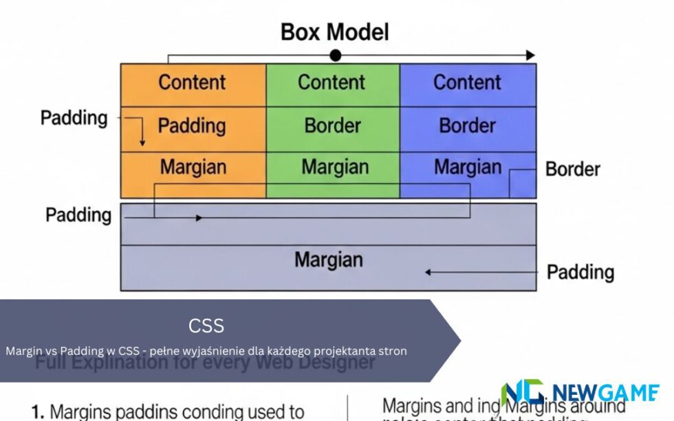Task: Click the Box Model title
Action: point(334,32)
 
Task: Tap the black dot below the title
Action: point(335,55)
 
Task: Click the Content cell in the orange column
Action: point(193,82)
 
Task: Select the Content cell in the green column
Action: point(331,82)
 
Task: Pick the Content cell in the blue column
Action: point(467,82)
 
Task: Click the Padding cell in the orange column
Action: point(192,126)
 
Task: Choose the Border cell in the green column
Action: point(332,126)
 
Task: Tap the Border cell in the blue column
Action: point(467,126)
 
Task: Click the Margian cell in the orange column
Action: point(193,167)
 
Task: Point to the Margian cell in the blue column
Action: point(467,167)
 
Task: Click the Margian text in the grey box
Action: point(328,260)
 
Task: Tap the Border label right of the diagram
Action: point(572,169)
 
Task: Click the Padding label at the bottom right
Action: point(580,273)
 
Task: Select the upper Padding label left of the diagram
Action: point(74,117)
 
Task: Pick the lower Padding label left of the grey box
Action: point(78,215)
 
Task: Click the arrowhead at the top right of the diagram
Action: point(530,55)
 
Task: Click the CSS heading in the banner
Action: point(206,325)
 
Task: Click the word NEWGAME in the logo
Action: point(605,393)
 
